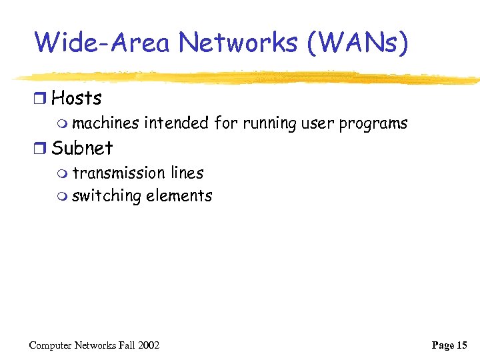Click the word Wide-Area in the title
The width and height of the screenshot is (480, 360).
coord(102,43)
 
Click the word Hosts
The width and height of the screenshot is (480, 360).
coord(77,98)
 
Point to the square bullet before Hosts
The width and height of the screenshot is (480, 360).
coord(41,99)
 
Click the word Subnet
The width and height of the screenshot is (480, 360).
coord(82,147)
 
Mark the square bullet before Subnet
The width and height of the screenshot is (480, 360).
coord(41,148)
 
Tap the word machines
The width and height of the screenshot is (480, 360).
coord(105,123)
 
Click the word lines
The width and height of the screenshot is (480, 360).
coord(187,173)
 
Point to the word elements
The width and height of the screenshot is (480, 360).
coord(179,196)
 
